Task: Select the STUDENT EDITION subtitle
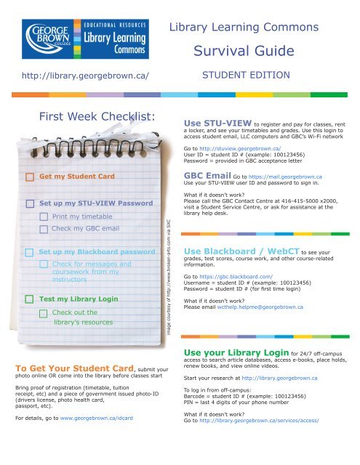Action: (246, 75)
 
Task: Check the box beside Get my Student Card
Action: (29, 177)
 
